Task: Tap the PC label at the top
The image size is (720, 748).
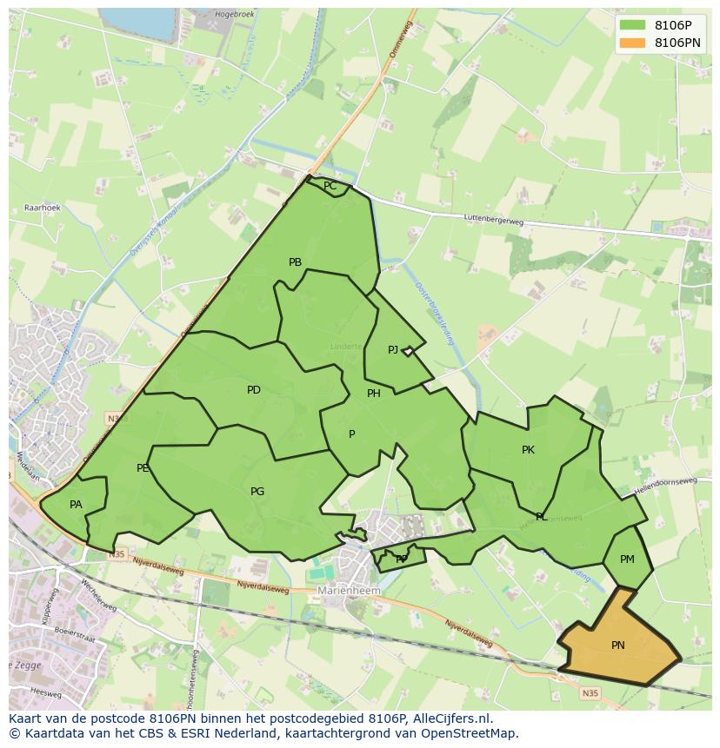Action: [330, 186]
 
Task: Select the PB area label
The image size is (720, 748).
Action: [295, 262]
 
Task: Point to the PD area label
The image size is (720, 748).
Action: [253, 390]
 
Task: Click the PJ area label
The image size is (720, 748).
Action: [393, 350]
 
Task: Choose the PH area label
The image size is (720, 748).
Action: [374, 394]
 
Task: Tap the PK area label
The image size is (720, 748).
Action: [528, 450]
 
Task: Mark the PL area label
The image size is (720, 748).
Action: [542, 517]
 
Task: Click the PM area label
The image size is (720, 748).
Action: [627, 559]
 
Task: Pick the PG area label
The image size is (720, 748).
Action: [257, 492]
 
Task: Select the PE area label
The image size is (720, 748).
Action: [143, 468]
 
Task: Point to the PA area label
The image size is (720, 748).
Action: [76, 505]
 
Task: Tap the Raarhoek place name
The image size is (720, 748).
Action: [42, 209]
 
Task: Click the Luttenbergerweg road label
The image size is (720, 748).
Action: [494, 222]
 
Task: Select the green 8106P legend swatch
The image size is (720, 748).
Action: [633, 24]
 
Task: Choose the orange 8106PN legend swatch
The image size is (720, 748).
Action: [633, 42]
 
